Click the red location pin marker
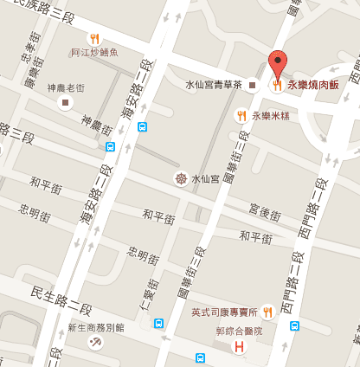coord(277,64)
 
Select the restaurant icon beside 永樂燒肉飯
coord(277,85)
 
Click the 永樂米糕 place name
coord(268,114)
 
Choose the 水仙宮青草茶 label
coord(215,85)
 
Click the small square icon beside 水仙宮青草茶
coord(252,85)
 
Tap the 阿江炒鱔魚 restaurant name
coord(94,53)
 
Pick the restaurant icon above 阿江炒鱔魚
coord(94,38)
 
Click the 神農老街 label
coord(66,88)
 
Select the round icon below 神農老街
coord(66,103)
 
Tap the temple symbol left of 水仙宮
coord(180,179)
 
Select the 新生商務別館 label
coord(96,328)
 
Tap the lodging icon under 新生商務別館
coord(94,343)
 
